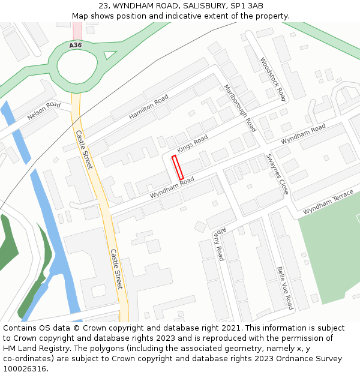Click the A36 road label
(x=75, y=46)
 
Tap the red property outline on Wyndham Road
(x=178, y=166)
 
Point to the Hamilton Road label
(x=148, y=108)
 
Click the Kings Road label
(x=192, y=144)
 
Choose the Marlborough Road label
(x=239, y=107)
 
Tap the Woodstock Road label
(x=273, y=79)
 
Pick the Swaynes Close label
(x=277, y=174)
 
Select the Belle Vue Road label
(x=285, y=287)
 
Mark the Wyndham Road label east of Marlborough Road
(x=303, y=133)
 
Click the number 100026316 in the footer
(x=24, y=368)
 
